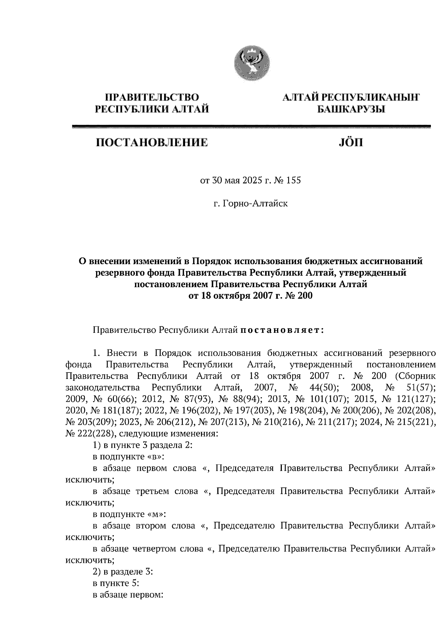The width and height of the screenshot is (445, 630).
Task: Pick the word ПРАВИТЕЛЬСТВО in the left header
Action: coord(152,98)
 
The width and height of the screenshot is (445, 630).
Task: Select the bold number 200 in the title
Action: coord(304,296)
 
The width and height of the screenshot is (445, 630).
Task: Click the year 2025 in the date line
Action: coord(253,181)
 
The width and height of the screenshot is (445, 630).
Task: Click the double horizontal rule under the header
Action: coord(251,127)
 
